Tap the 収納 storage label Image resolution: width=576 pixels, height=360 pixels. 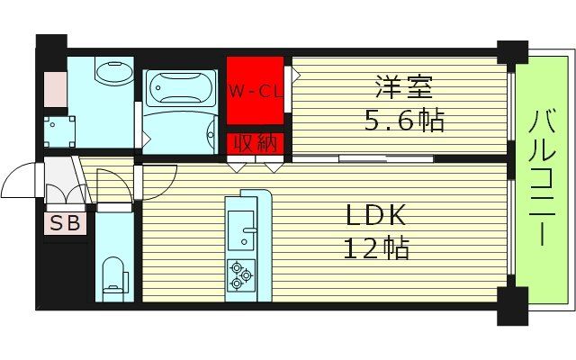[255, 143]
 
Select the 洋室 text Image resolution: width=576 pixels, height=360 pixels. [404, 88]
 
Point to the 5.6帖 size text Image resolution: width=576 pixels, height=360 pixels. [404, 120]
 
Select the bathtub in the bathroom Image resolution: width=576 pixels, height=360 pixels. [180, 91]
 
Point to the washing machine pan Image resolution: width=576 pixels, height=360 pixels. [61, 129]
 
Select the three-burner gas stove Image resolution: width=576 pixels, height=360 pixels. [240, 274]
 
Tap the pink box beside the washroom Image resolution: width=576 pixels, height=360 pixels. [54, 86]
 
